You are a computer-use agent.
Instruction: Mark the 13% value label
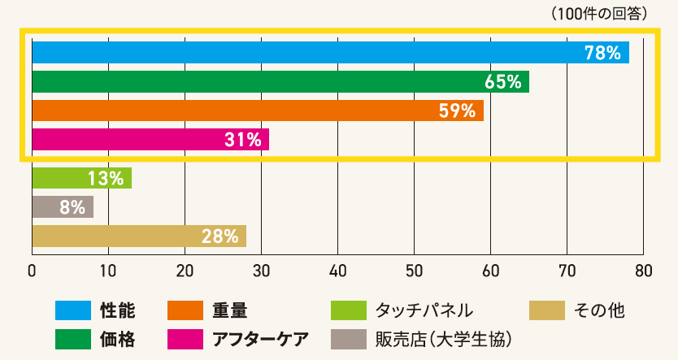coord(106,178)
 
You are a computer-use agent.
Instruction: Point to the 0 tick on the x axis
coord(32,270)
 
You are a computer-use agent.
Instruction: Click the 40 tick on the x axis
coord(338,270)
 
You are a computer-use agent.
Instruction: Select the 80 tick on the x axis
coord(643,270)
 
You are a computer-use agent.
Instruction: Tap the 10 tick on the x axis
coord(108,270)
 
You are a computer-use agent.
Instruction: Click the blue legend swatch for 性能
coord(72,310)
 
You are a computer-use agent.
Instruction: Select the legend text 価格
coord(117,338)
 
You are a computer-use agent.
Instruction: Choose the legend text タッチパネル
coord(424,310)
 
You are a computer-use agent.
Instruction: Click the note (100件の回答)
coord(598,13)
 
